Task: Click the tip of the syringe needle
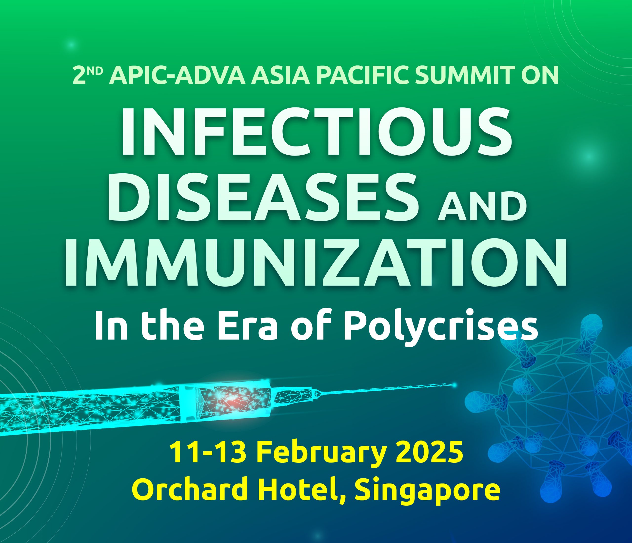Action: click(456, 385)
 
